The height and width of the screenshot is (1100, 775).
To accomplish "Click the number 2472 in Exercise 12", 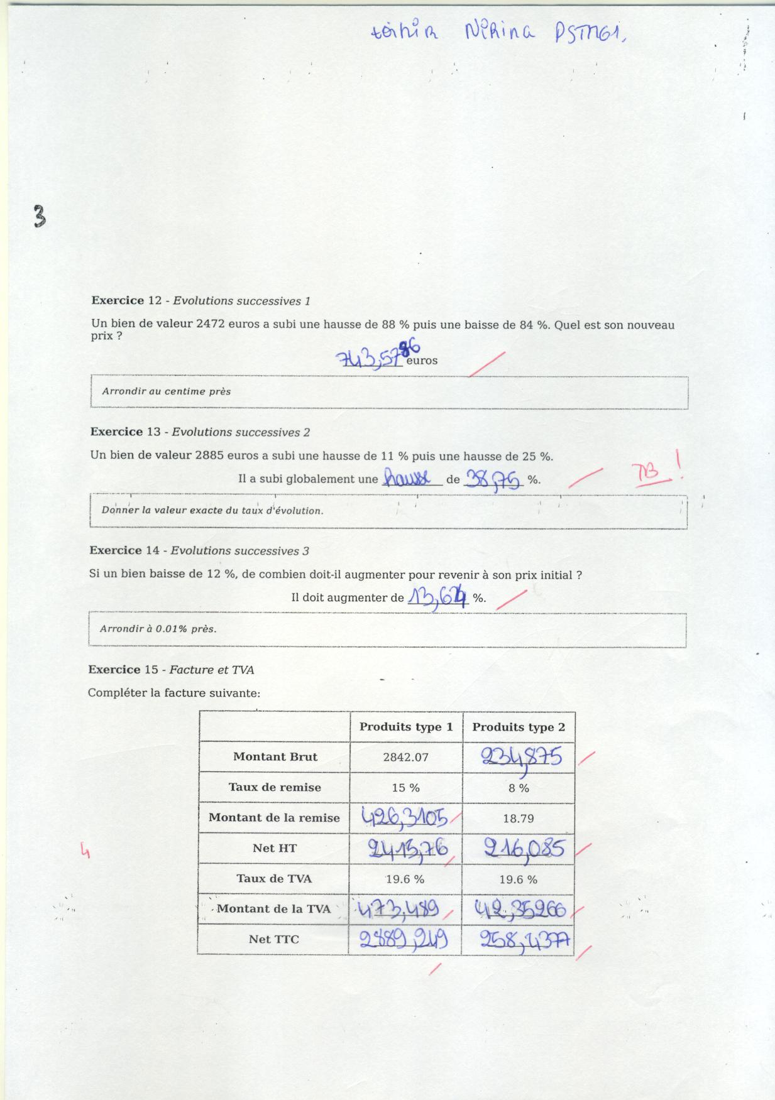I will point(211,325).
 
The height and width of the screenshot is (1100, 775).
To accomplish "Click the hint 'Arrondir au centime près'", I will point(167,391).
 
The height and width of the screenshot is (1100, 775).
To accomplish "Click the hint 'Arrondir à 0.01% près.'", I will point(158,629).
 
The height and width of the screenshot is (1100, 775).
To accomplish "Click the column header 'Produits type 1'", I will point(406,727).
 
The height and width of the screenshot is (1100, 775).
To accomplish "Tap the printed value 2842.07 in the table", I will point(405,757).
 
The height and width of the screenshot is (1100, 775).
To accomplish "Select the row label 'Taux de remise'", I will point(275,787).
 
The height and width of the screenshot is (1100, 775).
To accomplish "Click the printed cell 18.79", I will point(519,818).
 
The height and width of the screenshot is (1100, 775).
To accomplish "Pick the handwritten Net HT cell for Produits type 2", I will point(524,849).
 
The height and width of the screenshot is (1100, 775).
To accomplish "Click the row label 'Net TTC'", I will point(273,939).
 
